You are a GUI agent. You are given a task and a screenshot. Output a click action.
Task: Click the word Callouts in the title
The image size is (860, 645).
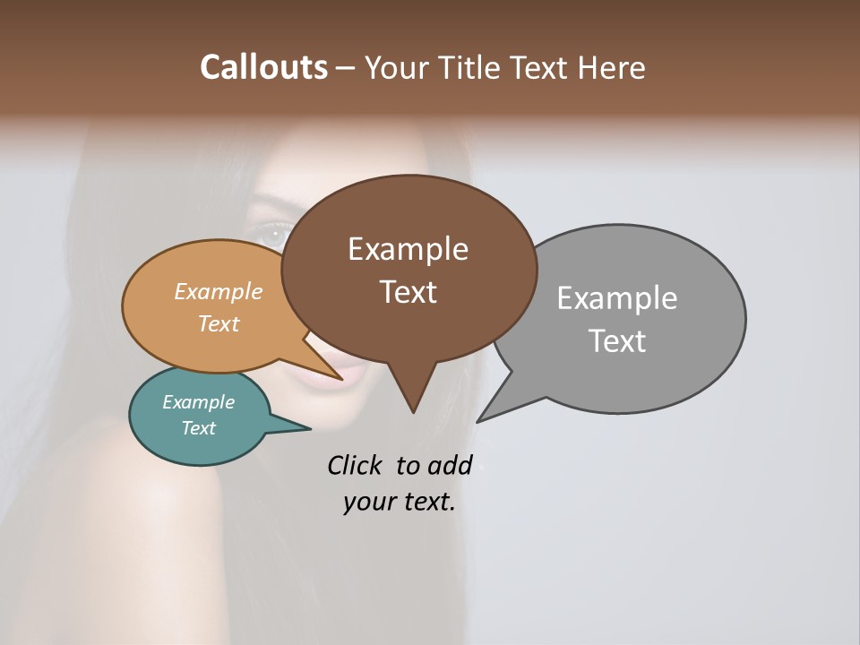coord(263,67)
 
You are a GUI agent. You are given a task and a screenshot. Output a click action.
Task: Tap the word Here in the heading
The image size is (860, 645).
coord(612,67)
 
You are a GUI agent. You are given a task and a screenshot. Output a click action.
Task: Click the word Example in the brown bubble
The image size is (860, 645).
coord(408,249)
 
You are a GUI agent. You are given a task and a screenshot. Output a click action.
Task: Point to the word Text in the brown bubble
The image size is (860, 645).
coord(408,292)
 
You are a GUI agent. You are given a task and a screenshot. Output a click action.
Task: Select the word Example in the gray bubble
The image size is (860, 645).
coord(617,298)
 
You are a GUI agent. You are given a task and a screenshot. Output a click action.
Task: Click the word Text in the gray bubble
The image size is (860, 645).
coord(617,341)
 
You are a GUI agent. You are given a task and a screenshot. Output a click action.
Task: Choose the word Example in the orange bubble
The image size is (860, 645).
coord(219,292)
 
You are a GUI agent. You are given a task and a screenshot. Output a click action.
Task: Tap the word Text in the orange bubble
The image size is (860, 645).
coord(219,323)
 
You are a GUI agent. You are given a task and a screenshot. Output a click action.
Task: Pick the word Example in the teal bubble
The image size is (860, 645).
coord(198,402)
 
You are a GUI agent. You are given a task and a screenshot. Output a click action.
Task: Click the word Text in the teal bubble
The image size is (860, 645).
coord(198,428)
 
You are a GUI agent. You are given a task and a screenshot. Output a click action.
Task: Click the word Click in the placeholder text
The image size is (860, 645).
coord(356,466)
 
